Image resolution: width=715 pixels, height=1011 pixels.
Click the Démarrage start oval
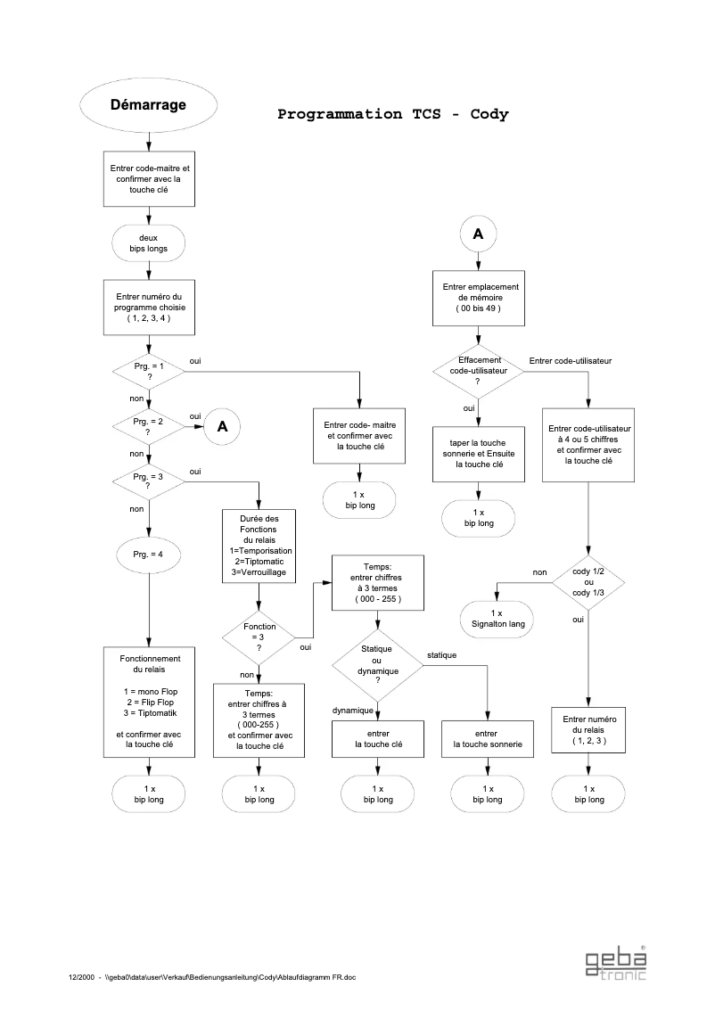pos(148,105)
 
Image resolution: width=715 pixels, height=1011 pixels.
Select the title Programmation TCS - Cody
pos(392,114)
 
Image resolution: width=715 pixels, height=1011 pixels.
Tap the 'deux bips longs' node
pos(148,242)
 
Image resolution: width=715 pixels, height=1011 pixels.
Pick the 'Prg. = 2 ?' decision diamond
pos(148,426)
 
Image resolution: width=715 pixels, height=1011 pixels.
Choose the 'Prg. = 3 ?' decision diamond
pos(148,481)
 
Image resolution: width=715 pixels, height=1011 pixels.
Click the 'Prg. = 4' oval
pos(148,555)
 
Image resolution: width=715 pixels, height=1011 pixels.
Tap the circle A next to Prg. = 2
pos(222,426)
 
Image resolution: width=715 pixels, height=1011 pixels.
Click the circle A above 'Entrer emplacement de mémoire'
pos(477,234)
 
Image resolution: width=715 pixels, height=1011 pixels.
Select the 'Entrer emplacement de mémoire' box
pos(477,297)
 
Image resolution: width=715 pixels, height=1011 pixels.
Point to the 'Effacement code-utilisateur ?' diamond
pos(477,370)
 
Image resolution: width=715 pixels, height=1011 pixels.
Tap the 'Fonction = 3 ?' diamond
pos(259,637)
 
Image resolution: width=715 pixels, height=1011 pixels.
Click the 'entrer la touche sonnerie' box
pos(488,738)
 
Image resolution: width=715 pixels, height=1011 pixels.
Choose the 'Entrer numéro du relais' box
pos(588,729)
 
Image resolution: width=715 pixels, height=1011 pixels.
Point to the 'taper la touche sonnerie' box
pos(477,453)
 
